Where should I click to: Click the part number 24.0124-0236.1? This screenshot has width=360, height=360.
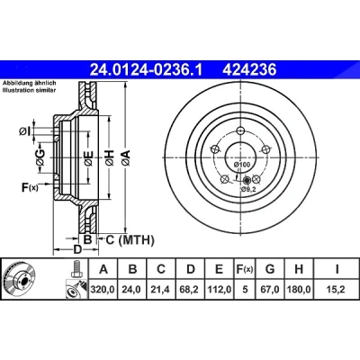(x=147, y=70)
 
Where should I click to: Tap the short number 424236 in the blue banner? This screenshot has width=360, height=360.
(x=249, y=70)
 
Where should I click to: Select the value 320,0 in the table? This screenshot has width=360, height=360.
(x=103, y=290)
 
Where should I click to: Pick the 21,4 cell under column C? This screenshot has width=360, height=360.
(x=161, y=290)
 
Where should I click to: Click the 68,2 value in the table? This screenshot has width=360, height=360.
(x=190, y=290)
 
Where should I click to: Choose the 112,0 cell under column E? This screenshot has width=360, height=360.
(x=220, y=290)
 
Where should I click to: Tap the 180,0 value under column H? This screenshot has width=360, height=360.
(x=299, y=290)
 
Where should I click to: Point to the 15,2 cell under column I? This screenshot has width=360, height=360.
(x=336, y=290)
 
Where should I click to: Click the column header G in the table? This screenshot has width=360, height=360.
(x=270, y=269)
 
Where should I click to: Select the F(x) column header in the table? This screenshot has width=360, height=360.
(x=245, y=269)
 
